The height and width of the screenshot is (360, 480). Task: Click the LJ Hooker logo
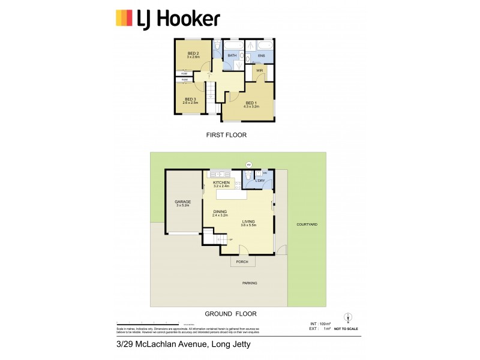[167, 19]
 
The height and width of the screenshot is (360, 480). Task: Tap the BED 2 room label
[193, 53]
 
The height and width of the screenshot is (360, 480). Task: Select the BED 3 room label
[190, 99]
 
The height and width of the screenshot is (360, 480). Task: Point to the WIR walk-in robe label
[259, 71]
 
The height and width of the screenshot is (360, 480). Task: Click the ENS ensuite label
[261, 56]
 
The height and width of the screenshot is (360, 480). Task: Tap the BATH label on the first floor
[232, 56]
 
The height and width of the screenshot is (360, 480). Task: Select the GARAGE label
[182, 202]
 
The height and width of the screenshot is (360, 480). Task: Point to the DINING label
[220, 211]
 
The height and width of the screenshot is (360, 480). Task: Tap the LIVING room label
[248, 222]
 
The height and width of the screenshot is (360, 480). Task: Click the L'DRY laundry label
[260, 181]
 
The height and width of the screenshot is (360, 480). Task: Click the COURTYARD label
[307, 224]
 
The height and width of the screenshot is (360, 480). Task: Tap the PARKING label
[250, 283]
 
